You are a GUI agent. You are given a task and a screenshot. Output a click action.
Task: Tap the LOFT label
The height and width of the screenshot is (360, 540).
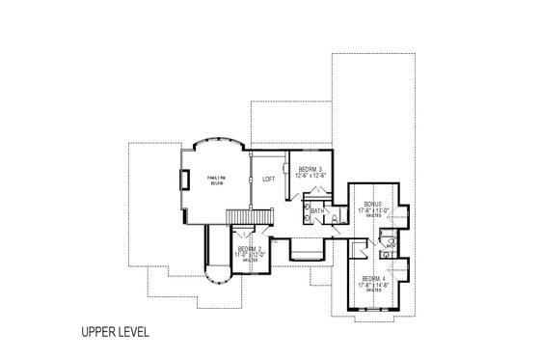[x=271, y=179]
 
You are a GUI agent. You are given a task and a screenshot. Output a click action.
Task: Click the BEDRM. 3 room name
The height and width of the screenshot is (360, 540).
[x=310, y=168]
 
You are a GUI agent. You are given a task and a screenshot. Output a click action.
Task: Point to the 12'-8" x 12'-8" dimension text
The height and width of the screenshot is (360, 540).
[x=310, y=175]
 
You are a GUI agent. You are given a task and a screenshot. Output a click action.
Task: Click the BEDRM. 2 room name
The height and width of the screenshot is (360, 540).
[x=249, y=248]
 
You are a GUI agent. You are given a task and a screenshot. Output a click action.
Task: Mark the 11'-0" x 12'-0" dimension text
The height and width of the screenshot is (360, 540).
[x=249, y=254]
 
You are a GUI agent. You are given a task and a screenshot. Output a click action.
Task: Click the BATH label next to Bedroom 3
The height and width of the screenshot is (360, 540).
[x=317, y=209]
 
